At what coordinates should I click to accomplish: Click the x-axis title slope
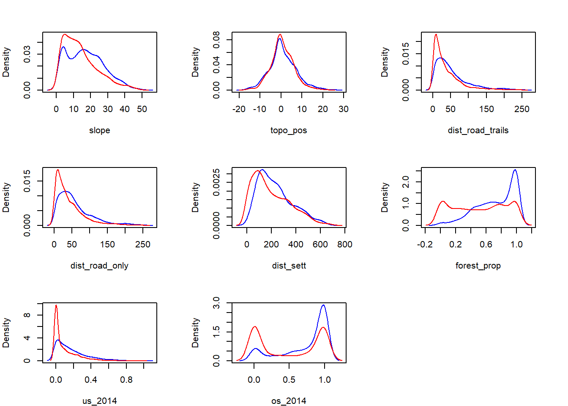point(99,130)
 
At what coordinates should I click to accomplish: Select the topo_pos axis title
point(289,130)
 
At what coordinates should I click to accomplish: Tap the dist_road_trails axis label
point(478,130)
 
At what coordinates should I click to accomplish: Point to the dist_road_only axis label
point(99,266)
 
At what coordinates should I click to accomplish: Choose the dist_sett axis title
point(289,266)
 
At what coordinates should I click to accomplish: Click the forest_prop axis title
point(478,266)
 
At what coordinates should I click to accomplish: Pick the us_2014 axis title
point(99,401)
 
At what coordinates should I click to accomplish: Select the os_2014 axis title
point(289,401)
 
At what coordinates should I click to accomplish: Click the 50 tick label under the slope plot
point(142,109)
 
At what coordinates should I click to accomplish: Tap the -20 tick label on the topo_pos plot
point(239,109)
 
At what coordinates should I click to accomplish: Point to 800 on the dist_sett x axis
point(345,244)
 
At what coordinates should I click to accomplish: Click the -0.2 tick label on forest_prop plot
point(425,244)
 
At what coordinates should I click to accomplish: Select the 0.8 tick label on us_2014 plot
point(126,380)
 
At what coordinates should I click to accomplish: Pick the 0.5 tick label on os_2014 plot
point(289,380)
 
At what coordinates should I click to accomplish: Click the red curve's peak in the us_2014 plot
point(56,305)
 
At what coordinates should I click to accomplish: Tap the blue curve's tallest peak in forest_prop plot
point(515,170)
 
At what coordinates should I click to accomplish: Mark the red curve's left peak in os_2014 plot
point(254,326)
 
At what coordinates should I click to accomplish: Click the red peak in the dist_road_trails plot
point(436,35)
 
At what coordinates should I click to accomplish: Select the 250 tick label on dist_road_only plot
point(143,244)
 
